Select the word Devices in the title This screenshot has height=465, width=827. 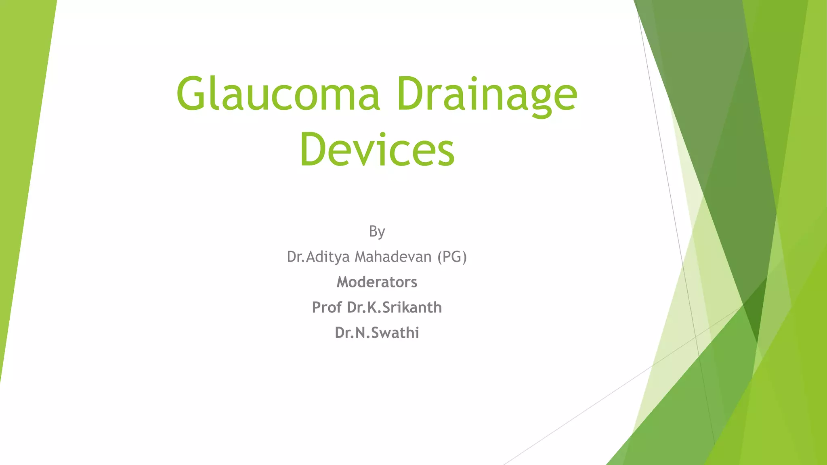tap(377, 150)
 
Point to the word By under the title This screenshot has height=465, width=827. tap(377, 232)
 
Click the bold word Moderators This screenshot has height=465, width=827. tap(377, 282)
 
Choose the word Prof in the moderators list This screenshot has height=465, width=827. tap(327, 308)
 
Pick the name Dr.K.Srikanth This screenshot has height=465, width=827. tap(394, 308)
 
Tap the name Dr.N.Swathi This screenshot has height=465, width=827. tap(377, 333)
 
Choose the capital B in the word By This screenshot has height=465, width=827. tap(373, 231)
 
